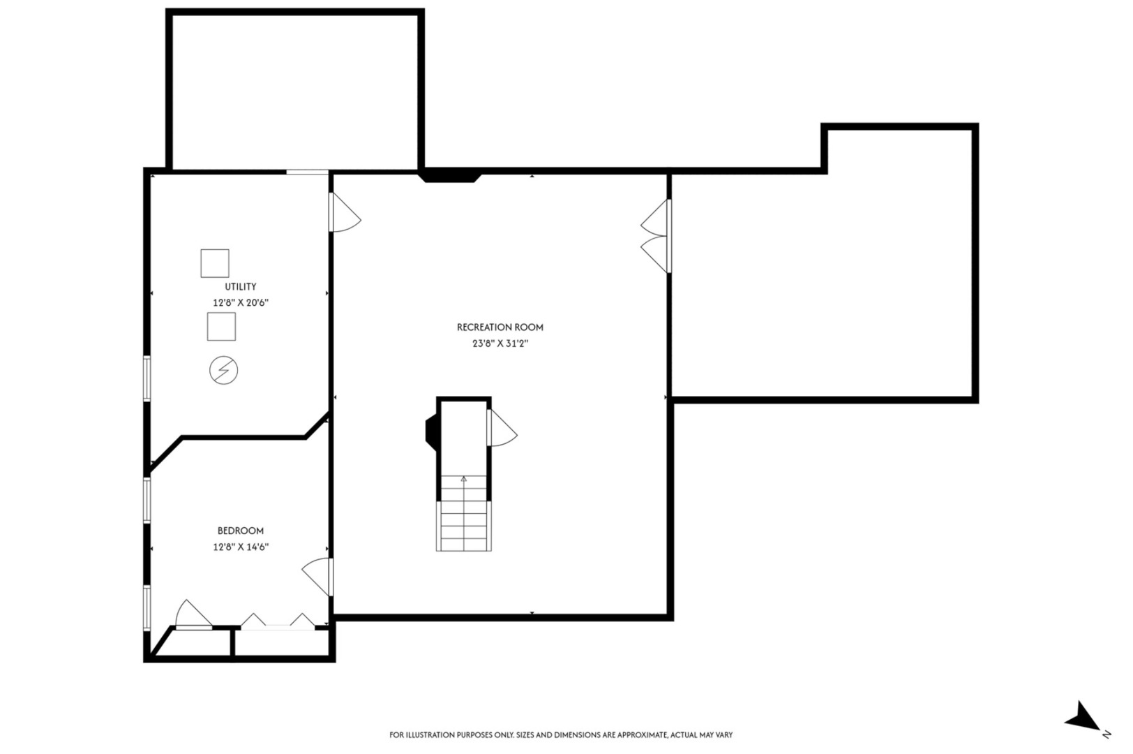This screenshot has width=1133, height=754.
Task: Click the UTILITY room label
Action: tap(240, 286)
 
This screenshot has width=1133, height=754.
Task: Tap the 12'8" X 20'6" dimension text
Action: tap(240, 303)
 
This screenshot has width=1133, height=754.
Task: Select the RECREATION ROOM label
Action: tap(500, 327)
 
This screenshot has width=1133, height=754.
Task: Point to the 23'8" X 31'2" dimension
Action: tap(500, 343)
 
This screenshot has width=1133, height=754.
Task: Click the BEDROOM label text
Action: tap(240, 531)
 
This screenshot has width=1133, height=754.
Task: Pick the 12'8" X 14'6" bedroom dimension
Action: tap(240, 547)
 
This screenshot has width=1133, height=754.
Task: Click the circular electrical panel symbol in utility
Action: tap(223, 370)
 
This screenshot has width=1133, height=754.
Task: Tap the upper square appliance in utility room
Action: tap(214, 263)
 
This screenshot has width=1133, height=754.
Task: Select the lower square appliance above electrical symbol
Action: tap(221, 326)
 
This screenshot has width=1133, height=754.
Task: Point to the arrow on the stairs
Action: tap(464, 479)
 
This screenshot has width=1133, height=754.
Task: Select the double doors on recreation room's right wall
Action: tap(656, 236)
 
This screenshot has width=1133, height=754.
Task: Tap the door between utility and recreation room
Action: tap(344, 214)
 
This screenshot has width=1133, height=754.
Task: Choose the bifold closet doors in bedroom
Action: tap(278, 621)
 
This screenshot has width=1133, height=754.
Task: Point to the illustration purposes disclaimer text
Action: tap(560, 734)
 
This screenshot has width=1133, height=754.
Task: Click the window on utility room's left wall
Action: tap(147, 378)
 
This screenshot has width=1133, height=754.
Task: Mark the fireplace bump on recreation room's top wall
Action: tap(450, 176)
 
